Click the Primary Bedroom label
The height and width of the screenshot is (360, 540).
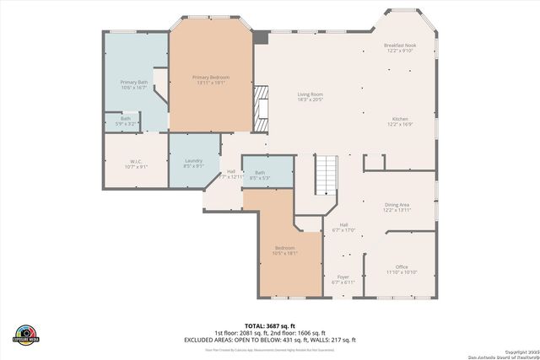point(211,79)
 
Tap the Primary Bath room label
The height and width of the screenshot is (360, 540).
point(134,84)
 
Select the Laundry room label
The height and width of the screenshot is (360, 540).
point(194,163)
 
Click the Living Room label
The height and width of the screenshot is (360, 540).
point(310,96)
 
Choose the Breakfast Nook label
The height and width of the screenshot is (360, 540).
point(398,47)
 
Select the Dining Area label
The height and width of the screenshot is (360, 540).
point(397,207)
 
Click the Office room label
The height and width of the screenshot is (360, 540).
point(402,269)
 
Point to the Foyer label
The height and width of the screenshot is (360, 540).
point(343,278)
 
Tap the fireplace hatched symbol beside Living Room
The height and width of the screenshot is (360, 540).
point(263,108)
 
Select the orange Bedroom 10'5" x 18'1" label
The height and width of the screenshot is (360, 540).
point(284,250)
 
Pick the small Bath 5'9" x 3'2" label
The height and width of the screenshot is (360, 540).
point(125,121)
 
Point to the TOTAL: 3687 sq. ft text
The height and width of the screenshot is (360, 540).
point(270,325)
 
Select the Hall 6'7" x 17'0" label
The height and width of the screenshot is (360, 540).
point(343,227)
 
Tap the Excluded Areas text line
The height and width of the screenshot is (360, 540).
point(270,340)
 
